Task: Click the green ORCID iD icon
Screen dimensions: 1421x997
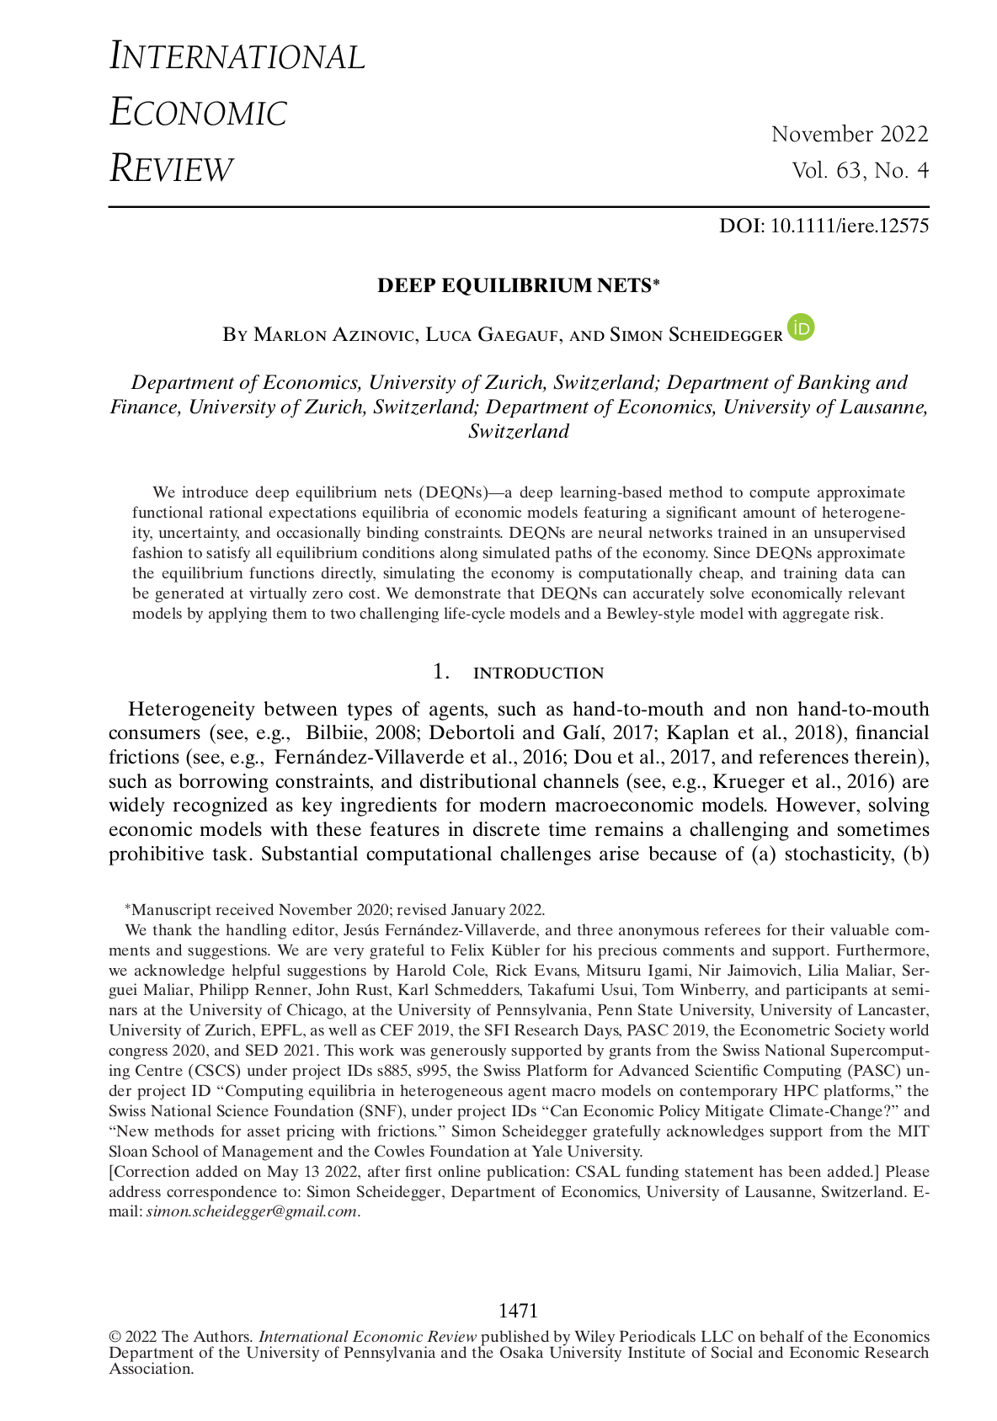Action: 801,327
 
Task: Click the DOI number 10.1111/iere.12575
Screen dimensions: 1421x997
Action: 850,226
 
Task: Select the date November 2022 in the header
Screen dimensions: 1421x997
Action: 850,134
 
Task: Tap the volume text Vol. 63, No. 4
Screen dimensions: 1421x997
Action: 860,171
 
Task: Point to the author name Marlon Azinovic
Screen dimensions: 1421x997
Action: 334,335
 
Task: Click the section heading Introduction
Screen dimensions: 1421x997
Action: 538,673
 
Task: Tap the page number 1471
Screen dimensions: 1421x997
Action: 518,1311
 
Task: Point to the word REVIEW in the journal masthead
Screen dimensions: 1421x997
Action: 171,169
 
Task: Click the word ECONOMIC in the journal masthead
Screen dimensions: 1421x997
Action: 199,113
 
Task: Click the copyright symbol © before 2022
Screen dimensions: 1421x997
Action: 115,1337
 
